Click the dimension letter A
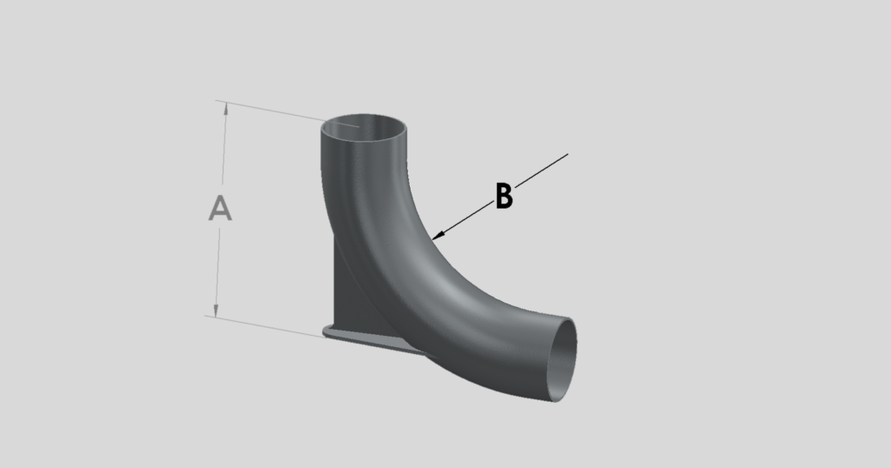[x=220, y=209]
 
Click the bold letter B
[x=504, y=196]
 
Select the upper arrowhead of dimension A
[x=226, y=107]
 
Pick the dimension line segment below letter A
[x=218, y=270]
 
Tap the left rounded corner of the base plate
[x=326, y=331]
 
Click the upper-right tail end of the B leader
[x=567, y=155]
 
